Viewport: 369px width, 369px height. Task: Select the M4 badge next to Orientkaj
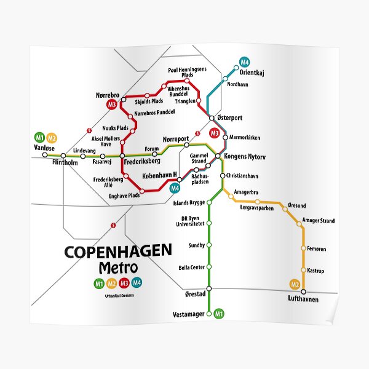point(244,61)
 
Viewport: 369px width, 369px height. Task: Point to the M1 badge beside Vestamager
point(218,315)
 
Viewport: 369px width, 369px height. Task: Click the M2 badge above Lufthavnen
point(295,284)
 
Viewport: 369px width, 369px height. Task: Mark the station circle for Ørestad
point(209,288)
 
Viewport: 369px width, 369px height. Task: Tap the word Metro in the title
point(118,268)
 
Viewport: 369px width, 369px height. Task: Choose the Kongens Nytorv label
point(245,157)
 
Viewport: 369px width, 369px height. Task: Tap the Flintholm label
point(67,163)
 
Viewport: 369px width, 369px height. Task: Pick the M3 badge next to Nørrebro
point(112,105)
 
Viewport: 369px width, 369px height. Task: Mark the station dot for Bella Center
point(209,267)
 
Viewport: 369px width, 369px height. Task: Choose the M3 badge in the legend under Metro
point(124,284)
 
